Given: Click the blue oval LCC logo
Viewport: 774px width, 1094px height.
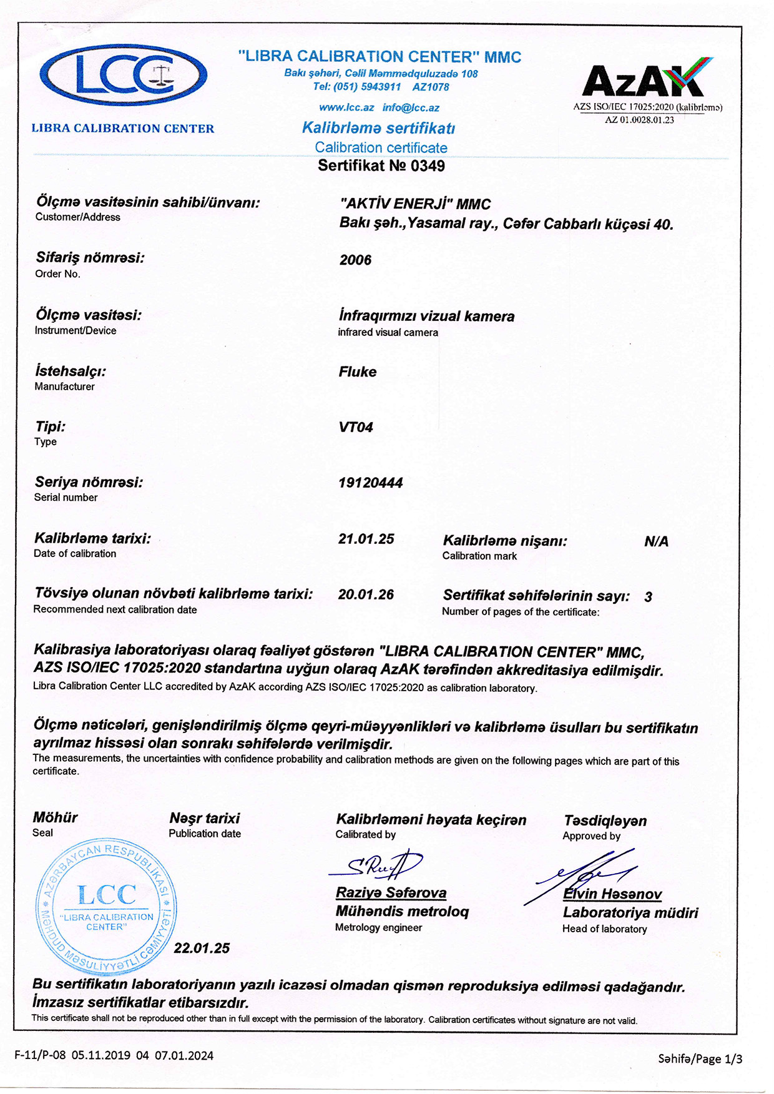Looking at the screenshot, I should tap(123, 75).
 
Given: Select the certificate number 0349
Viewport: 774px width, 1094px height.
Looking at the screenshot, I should tap(428, 166).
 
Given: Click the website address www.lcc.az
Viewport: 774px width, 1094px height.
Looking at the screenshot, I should tap(346, 107).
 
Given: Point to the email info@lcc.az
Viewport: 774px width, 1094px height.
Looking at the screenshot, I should tap(411, 107).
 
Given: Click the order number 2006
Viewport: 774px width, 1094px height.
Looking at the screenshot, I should tap(355, 260).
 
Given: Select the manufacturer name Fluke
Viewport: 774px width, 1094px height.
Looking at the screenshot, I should tap(358, 372).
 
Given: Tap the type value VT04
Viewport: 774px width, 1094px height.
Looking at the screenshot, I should tap(356, 428).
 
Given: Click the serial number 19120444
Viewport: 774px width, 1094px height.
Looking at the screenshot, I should tap(370, 483).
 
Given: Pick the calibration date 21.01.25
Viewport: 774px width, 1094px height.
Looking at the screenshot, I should tap(366, 539).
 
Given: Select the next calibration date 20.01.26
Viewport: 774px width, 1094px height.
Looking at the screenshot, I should tap(366, 594).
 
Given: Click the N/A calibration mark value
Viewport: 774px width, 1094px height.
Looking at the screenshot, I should tap(656, 541).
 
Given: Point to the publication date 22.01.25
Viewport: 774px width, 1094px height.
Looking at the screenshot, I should tap(202, 948).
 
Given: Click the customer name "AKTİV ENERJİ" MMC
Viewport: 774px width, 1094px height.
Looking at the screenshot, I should tap(415, 204).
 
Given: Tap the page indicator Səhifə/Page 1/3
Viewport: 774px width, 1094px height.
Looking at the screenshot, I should tap(700, 1058).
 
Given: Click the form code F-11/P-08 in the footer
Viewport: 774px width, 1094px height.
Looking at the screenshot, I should tap(40, 1056).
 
